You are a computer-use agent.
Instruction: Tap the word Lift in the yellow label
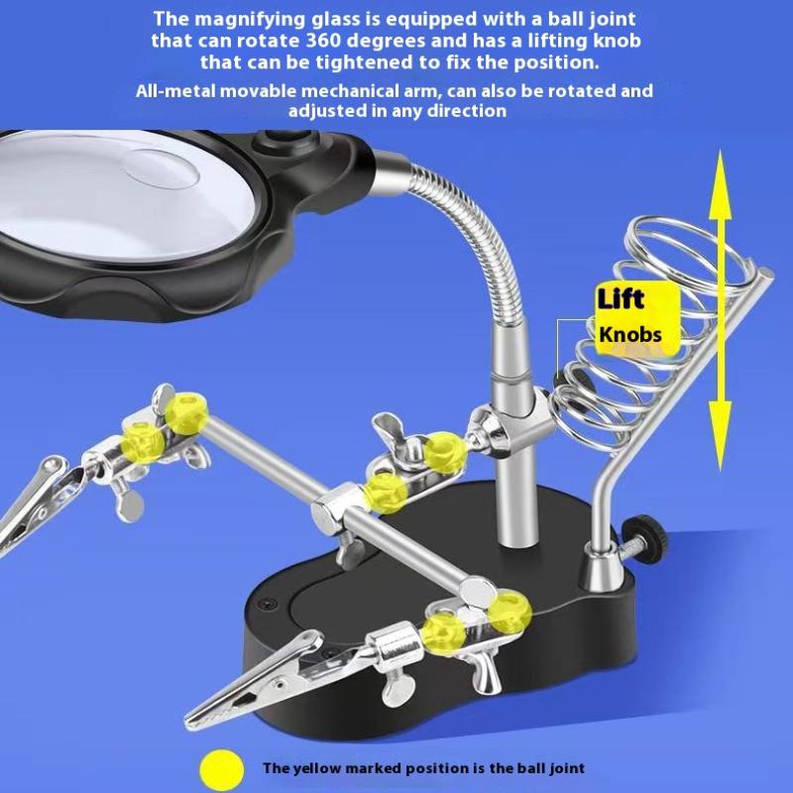tap(621, 298)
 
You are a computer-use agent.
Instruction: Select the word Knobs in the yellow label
tap(630, 334)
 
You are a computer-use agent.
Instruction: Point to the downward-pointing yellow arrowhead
tap(721, 436)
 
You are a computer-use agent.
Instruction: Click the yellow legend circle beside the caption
tap(222, 770)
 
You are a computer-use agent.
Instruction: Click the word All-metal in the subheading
tap(175, 91)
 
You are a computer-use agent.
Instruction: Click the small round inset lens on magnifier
tap(161, 169)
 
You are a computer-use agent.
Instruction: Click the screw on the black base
tap(269, 605)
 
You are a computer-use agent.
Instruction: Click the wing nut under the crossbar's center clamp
tap(353, 550)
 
